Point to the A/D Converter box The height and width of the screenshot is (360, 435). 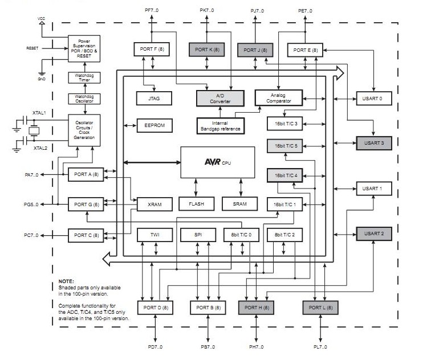[220, 98]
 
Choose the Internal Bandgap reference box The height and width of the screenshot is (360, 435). [220, 125]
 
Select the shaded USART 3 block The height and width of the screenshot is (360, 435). [373, 143]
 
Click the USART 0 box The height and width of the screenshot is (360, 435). [373, 99]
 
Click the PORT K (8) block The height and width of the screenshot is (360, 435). [206, 50]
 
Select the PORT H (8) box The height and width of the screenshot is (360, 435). [256, 307]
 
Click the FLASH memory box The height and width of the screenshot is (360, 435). [196, 203]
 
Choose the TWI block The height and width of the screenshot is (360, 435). [155, 235]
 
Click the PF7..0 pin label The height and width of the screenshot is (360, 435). [152, 10]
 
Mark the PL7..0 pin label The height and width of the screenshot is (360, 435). [322, 346]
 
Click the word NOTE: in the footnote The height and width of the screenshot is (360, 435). [67, 282]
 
